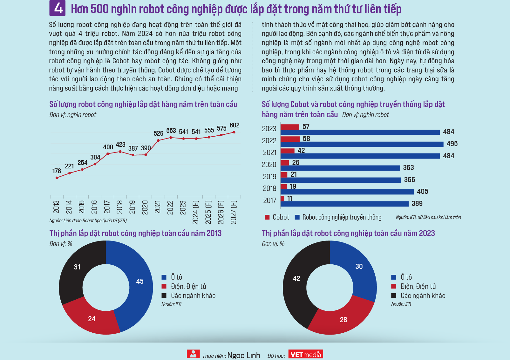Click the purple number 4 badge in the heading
pos(58,8)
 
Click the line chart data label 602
pos(235,125)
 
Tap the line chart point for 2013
pos(57,178)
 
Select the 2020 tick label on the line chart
pos(145,207)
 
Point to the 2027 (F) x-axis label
pos(234,212)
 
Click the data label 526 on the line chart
pos(158,133)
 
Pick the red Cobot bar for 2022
pos(290,139)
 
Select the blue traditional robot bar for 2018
pos(347,192)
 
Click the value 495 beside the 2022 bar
pos(452,144)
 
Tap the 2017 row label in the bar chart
pos(269,200)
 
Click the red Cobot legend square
pos(267,217)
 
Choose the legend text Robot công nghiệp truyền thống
pos(342,217)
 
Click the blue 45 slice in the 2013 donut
pos(140,282)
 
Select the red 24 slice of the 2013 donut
pos(92,319)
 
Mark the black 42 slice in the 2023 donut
pos(296,279)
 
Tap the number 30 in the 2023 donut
pos(359,267)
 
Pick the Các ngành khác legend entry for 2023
pos(423,296)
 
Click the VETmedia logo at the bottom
pos(306,354)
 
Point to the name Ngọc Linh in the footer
pos(244,355)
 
